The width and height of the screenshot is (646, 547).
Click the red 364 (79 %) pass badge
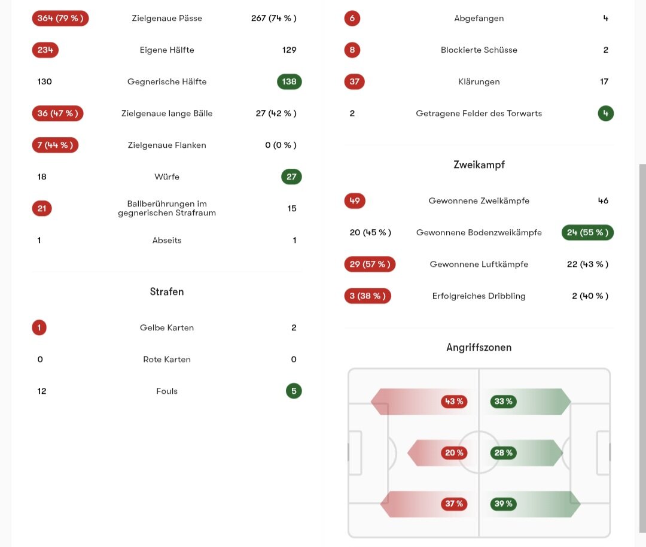point(60,18)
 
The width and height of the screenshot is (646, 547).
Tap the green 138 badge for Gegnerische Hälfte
point(290,81)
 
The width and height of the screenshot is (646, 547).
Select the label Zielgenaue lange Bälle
point(167,113)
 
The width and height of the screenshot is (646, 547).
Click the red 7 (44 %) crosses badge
point(55,145)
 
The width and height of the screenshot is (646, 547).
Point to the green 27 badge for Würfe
point(291,177)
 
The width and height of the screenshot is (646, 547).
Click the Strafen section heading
point(167,291)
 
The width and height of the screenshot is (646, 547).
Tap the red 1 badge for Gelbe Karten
point(39,328)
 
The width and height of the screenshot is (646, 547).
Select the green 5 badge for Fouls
point(294,391)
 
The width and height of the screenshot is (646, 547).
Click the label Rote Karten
point(167,360)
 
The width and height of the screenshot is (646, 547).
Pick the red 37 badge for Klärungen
point(354,81)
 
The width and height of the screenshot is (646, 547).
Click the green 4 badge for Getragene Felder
point(605,113)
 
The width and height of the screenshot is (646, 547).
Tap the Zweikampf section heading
point(479,165)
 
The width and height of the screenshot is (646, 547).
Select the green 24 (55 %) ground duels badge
point(587,232)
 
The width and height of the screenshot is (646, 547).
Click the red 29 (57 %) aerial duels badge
point(370,265)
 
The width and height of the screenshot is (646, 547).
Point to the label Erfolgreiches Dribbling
point(479,296)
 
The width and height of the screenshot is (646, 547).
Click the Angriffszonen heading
point(479,348)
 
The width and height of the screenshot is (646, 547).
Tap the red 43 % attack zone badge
point(454,402)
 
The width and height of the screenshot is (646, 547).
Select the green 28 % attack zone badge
point(504,452)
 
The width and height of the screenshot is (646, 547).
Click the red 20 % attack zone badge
point(454,452)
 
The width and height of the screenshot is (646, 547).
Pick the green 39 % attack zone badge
point(504,504)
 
